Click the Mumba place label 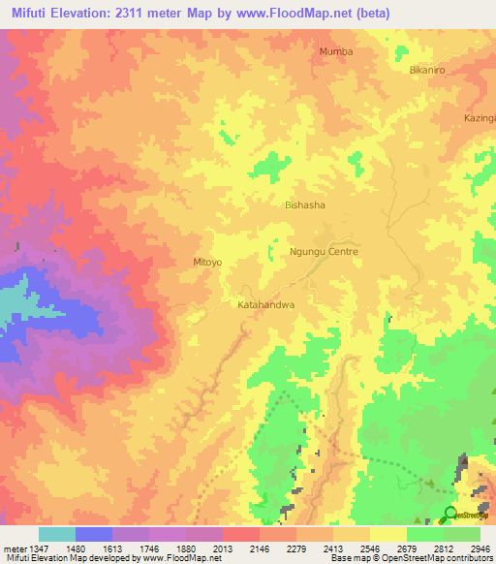pos(335,51)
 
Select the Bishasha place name pos(305,205)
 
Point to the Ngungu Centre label pos(324,252)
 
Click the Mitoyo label pos(207,262)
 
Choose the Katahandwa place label pos(265,304)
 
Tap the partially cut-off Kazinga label pos(479,118)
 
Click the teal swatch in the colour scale pos(57,534)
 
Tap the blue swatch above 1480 pos(94,534)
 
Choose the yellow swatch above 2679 pos(388,534)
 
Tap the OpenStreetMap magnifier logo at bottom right pos(450,515)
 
